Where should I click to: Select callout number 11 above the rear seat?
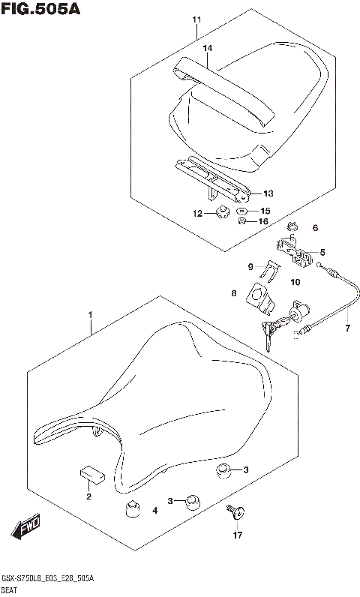pyautogui.click(x=196, y=19)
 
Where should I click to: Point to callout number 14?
pyautogui.click(x=208, y=48)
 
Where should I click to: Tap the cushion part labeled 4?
pyautogui.click(x=132, y=509)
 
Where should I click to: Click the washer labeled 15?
pyautogui.click(x=244, y=211)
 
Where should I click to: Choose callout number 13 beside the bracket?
pyautogui.click(x=268, y=193)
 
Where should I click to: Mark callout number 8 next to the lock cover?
pyautogui.click(x=234, y=293)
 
